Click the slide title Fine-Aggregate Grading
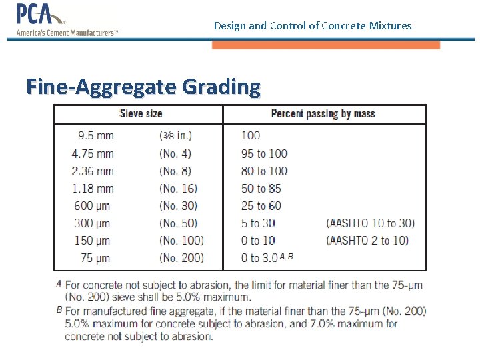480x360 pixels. point(143,87)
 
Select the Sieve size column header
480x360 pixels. point(141,114)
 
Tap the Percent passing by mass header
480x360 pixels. point(323,114)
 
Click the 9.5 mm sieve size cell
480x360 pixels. point(96,136)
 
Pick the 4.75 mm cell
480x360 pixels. point(93,153)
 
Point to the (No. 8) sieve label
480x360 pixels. point(176,171)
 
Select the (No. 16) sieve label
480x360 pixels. point(179,188)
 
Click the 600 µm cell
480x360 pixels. point(93,205)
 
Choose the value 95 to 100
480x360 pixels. point(264,153)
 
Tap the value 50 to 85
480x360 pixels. point(261,188)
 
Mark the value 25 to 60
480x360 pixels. point(261,205)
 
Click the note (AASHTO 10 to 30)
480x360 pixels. point(370,223)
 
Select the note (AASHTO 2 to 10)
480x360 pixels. point(367,240)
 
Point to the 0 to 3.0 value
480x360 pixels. point(259,258)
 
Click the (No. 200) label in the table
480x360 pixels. point(181,258)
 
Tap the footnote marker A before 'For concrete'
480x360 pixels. point(59,283)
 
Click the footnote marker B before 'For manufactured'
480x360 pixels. point(59,309)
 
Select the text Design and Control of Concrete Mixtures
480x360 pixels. point(313,26)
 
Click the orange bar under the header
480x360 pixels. point(326,45)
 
